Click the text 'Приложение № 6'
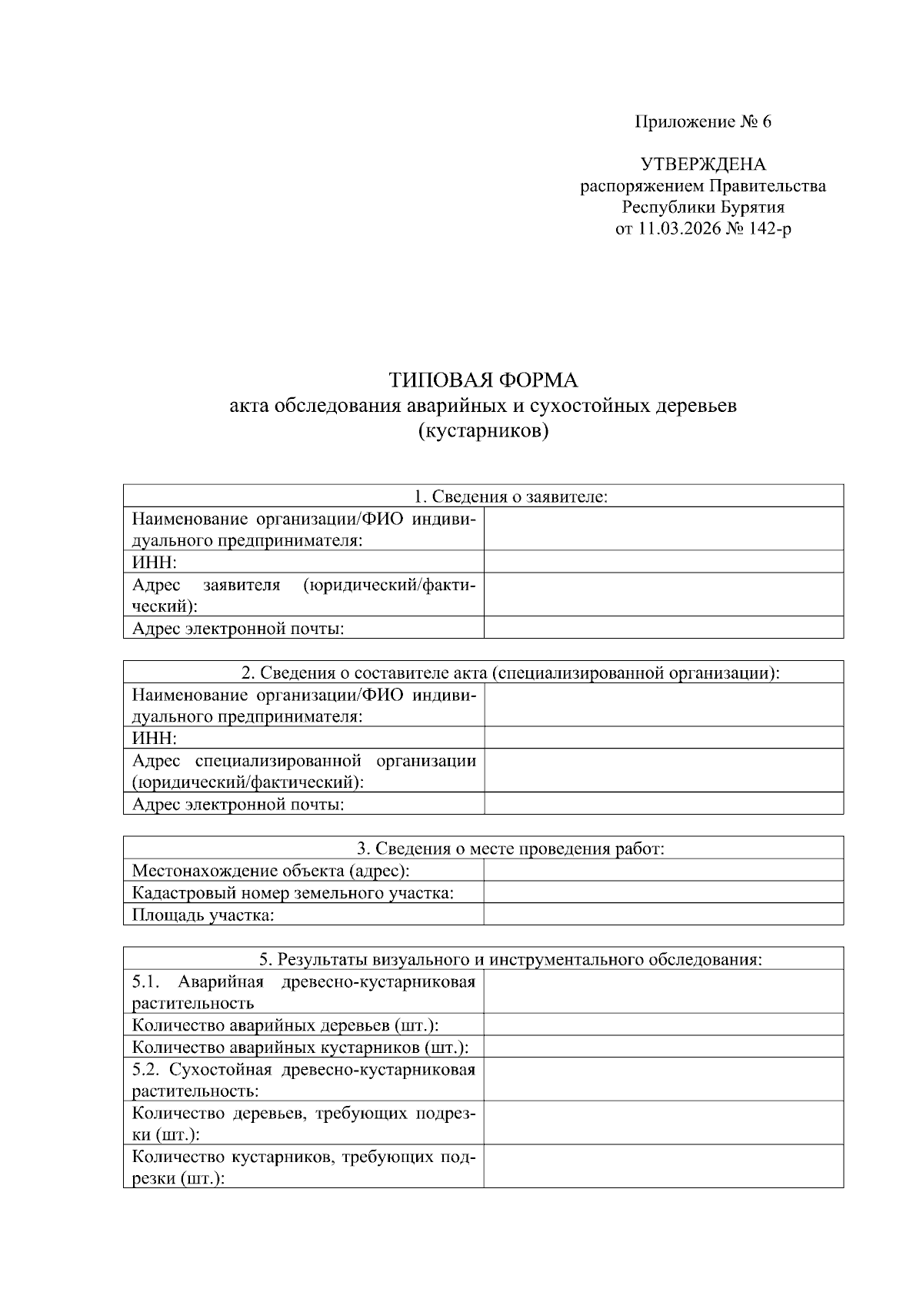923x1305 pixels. click(702, 122)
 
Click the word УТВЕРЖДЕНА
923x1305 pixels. click(703, 164)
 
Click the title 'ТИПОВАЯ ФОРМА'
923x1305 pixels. click(483, 380)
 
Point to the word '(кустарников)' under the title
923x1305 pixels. click(483, 431)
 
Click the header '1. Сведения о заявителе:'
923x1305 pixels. click(483, 496)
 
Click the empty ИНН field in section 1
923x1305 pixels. click(663, 563)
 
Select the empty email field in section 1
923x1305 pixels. click(663, 629)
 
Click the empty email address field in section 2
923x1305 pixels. click(663, 805)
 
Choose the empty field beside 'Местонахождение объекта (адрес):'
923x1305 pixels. click(663, 871)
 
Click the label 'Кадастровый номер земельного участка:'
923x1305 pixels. click(293, 893)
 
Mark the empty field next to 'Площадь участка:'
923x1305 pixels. click(663, 915)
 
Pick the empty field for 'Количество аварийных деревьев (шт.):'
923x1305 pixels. click(663, 1025)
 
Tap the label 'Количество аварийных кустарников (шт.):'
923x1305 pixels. click(301, 1048)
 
